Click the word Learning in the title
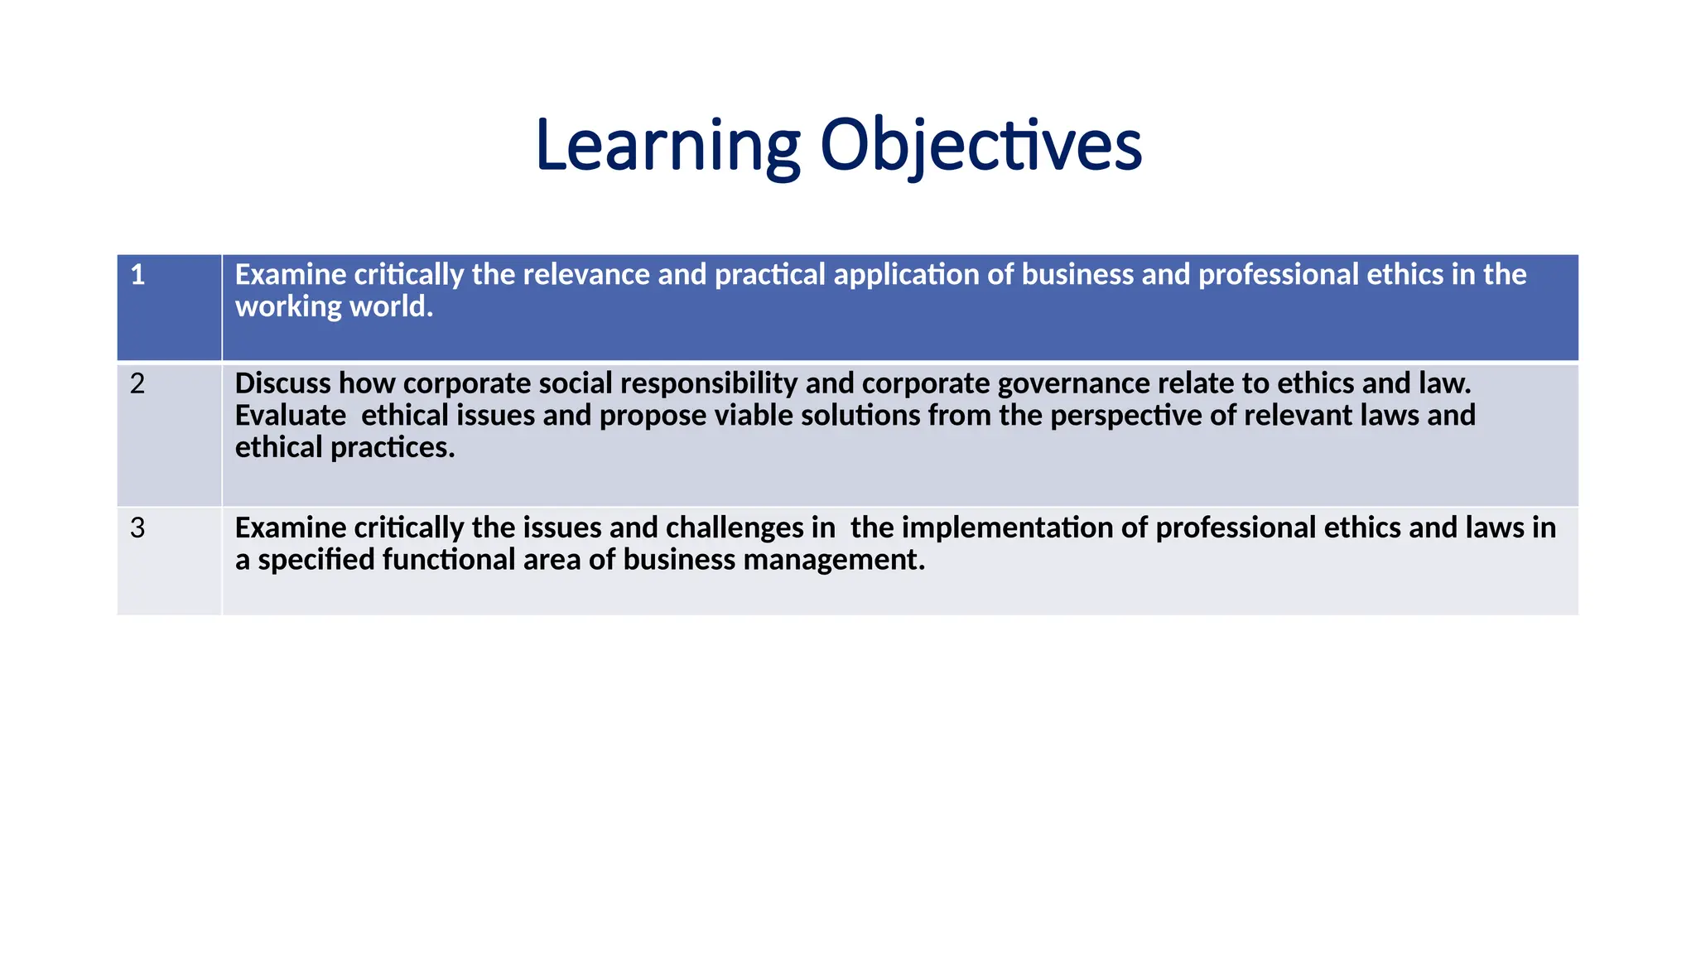[x=667, y=146]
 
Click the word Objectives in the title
[x=980, y=146]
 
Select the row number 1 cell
[x=169, y=307]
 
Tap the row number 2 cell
[x=169, y=434]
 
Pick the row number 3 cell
[x=169, y=561]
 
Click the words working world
[x=334, y=307]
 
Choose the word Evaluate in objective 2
[x=291, y=416]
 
